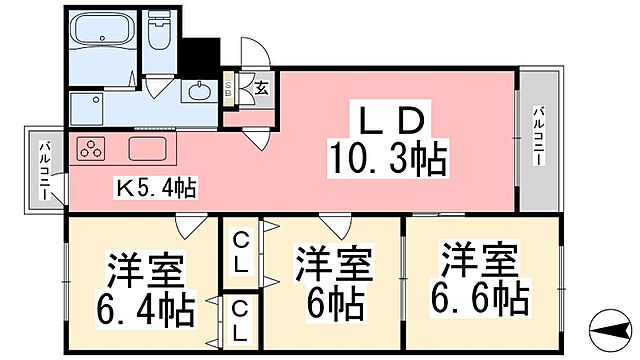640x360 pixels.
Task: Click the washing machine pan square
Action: (x=91, y=108)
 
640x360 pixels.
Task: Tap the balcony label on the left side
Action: (x=44, y=170)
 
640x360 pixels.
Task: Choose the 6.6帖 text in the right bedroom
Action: (x=481, y=297)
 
